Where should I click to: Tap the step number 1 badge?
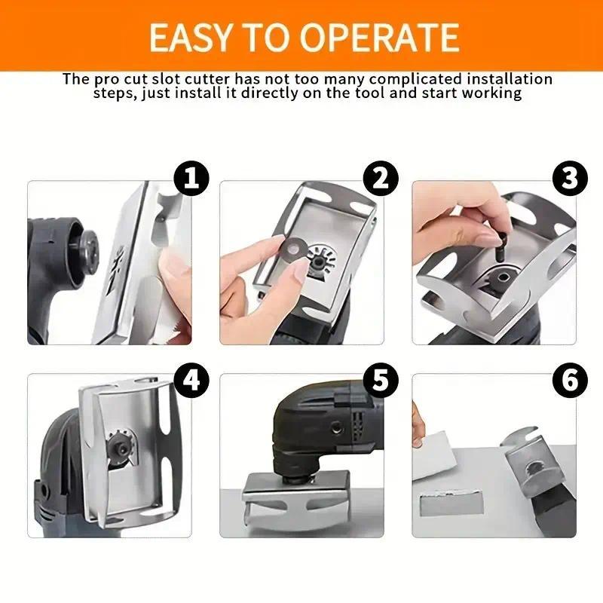[191, 179]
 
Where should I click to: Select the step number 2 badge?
[381, 179]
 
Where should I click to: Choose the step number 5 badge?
[381, 380]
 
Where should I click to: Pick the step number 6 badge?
[571, 380]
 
